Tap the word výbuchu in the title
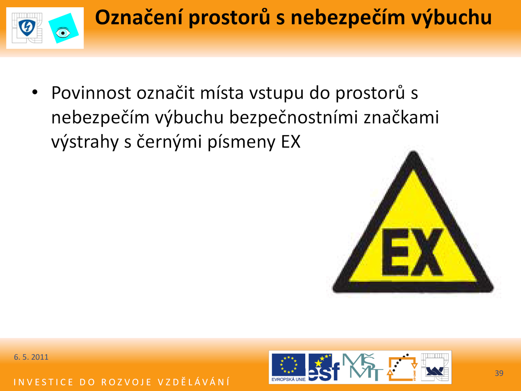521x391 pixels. click(x=451, y=18)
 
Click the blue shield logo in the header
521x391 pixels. click(x=27, y=28)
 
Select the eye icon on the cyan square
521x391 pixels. click(x=63, y=33)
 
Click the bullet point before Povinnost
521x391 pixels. click(x=35, y=92)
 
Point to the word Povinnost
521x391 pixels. click(x=91, y=93)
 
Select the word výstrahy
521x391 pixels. click(x=85, y=142)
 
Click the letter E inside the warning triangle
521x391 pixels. click(x=395, y=252)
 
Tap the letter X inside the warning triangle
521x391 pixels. click(x=426, y=252)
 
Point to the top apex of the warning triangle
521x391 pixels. click(x=413, y=152)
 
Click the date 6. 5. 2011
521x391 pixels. click(x=31, y=357)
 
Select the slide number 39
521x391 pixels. click(x=499, y=373)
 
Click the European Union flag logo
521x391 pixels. click(x=289, y=367)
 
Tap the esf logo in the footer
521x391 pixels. click(x=324, y=367)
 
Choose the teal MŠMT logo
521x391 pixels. click(x=362, y=367)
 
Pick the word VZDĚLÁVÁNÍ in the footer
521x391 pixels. click(x=194, y=382)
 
